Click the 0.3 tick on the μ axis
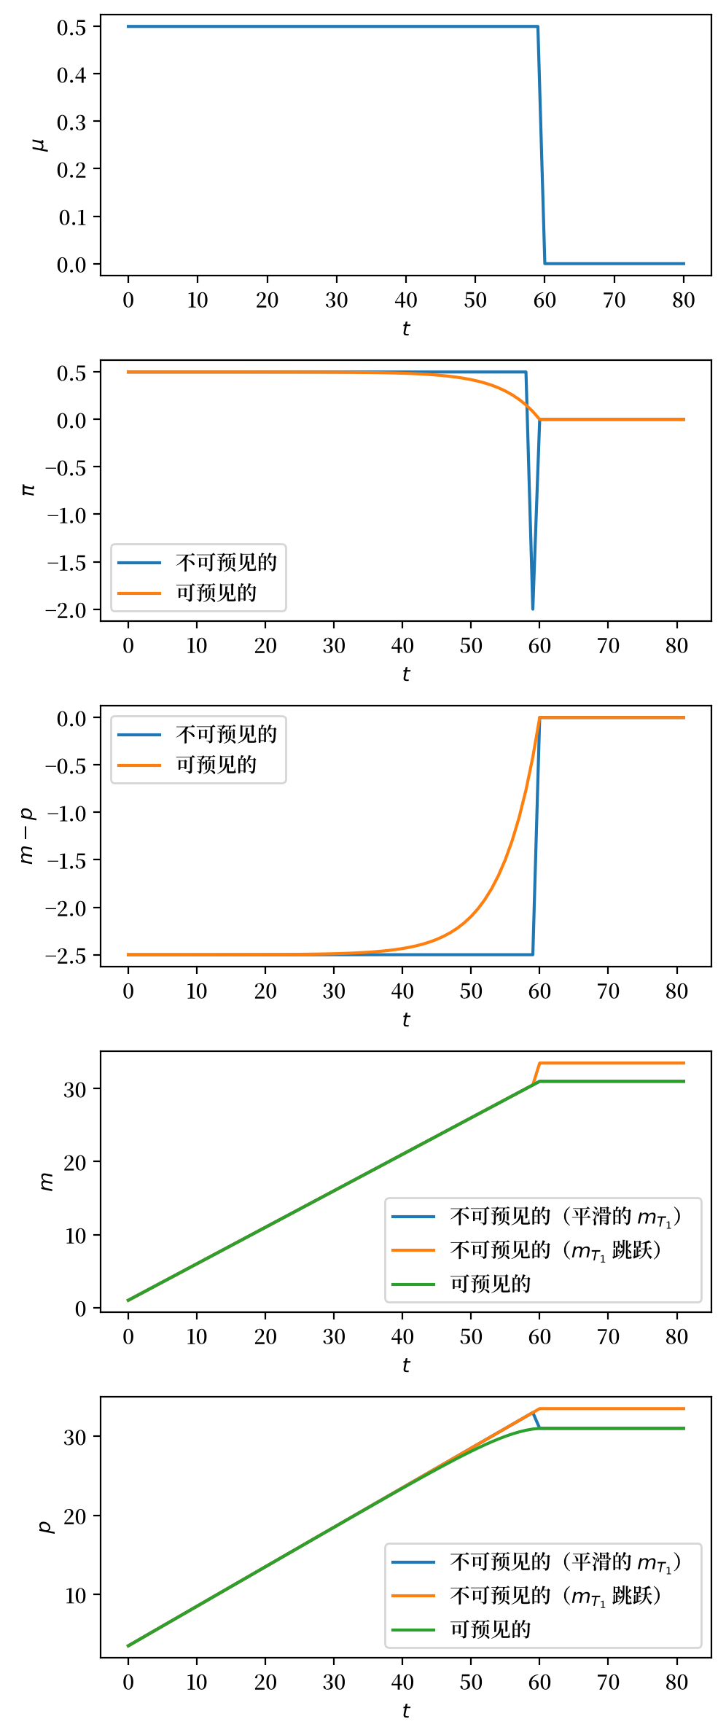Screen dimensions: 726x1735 coord(71,122)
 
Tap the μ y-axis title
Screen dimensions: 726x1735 coord(40,144)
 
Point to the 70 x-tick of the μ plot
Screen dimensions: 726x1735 coord(614,300)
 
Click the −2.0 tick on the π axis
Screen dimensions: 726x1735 coord(66,609)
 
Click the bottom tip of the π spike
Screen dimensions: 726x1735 coord(533,609)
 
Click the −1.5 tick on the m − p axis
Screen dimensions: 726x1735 coord(66,860)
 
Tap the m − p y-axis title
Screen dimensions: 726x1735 coord(26,835)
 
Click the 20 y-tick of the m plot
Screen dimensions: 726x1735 coord(75,1162)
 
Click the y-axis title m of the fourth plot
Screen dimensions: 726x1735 coord(47,1182)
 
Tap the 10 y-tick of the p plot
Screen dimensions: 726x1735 coord(75,1596)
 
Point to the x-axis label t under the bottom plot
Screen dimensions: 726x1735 coord(406,1710)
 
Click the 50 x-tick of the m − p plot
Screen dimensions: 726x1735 coord(471,991)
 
